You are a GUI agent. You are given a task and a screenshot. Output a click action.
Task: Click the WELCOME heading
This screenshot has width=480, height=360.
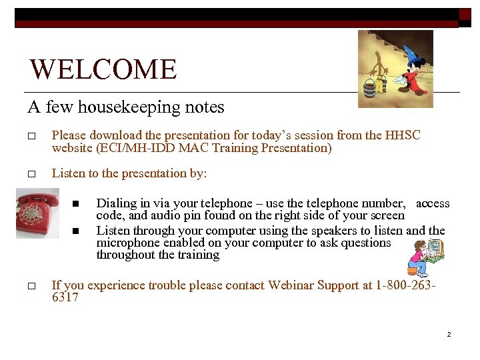pos(103,70)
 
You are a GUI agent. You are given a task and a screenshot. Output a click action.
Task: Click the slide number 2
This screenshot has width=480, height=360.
pos(449,333)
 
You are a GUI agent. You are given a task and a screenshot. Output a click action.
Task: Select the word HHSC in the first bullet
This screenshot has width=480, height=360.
pos(403,135)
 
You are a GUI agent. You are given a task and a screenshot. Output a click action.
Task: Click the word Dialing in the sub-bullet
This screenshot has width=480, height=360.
pos(119,203)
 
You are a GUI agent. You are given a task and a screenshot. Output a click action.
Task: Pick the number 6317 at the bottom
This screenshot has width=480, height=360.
pos(65,297)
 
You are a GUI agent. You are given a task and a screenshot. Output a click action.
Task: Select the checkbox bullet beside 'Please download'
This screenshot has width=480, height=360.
pos(31,136)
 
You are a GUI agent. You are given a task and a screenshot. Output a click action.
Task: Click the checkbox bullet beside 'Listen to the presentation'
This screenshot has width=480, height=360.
pos(31,174)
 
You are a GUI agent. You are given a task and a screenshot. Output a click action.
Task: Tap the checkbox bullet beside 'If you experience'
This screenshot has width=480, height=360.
pos(31,286)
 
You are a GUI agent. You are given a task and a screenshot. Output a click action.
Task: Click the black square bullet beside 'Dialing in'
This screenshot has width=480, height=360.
pos(77,203)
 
